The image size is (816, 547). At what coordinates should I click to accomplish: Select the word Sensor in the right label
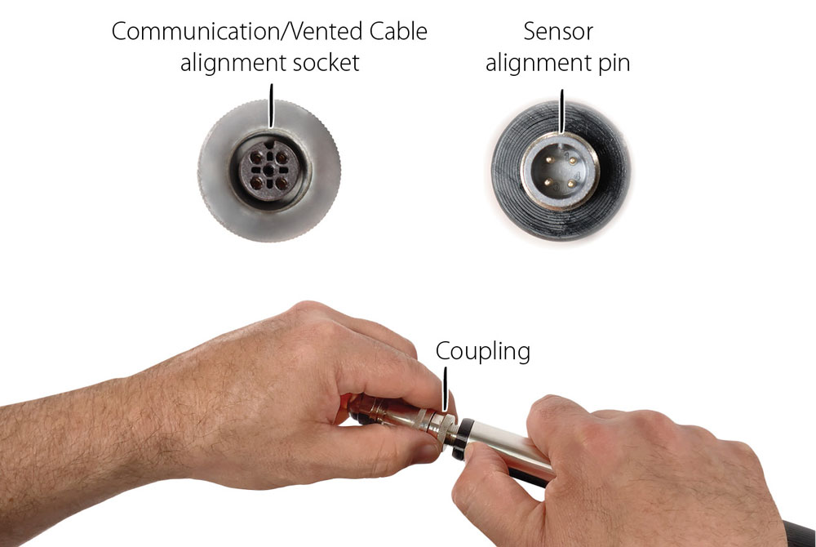[x=558, y=32]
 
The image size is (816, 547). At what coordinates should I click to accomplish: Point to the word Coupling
[x=482, y=351]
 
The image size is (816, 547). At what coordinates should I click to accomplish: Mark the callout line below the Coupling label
[x=446, y=388]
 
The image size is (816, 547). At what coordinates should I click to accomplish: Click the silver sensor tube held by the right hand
[x=506, y=445]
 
